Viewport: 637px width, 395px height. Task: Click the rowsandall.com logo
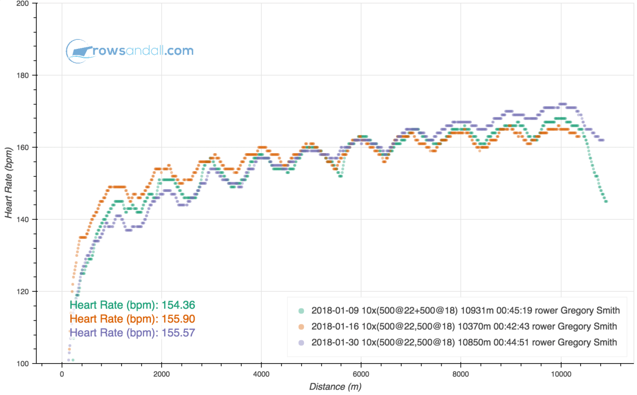pos(130,51)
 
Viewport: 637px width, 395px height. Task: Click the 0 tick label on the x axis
pos(62,374)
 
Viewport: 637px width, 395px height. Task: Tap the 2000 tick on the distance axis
pos(162,374)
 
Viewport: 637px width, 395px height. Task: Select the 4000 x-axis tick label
pos(261,374)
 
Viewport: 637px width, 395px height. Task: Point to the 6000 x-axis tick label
pos(361,374)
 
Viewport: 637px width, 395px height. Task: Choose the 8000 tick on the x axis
pos(461,374)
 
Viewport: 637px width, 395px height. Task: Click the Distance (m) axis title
pos(334,387)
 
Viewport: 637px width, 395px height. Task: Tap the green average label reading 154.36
pos(132,305)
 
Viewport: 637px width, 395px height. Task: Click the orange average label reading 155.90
pos(132,319)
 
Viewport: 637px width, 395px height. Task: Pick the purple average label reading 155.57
pos(132,333)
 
